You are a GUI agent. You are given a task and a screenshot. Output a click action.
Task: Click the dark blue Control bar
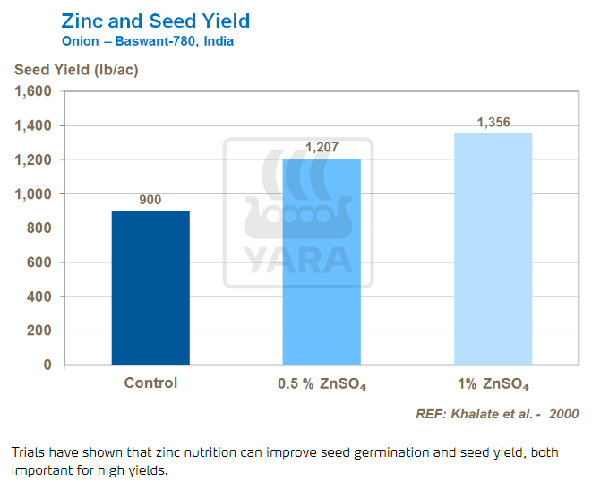click(150, 288)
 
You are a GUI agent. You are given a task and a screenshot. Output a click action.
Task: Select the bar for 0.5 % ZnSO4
click(322, 262)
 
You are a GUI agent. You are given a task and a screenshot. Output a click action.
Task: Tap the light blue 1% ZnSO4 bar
click(493, 248)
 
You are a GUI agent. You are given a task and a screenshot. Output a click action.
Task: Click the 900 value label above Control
click(150, 200)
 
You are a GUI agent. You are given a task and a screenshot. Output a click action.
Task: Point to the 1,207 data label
click(322, 147)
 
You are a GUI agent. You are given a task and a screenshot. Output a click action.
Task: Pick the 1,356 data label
click(493, 122)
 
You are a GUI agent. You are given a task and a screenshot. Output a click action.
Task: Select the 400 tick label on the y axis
click(39, 297)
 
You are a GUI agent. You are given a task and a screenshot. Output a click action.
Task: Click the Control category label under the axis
click(150, 383)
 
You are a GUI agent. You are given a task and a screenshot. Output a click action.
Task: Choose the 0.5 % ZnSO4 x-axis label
click(322, 385)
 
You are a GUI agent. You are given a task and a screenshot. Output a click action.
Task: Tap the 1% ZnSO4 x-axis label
click(493, 385)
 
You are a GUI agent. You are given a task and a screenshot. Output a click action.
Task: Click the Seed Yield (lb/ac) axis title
click(74, 70)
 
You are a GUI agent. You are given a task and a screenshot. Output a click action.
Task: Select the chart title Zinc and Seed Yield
click(155, 21)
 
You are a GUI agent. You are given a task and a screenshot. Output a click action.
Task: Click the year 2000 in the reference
click(564, 414)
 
